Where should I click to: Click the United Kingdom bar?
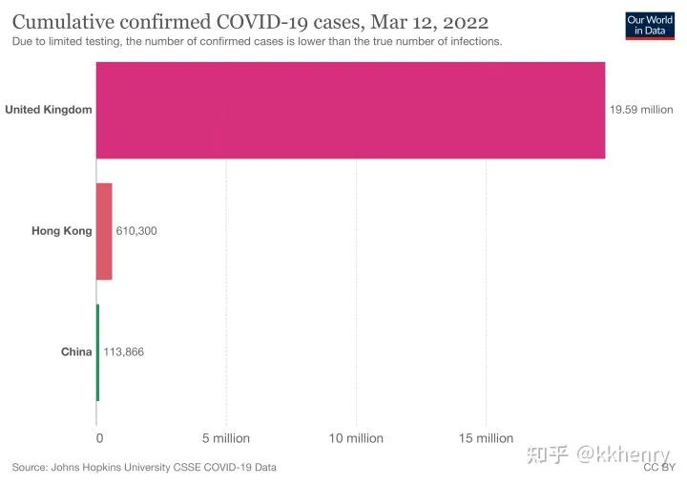point(350,110)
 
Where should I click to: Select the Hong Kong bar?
point(104,231)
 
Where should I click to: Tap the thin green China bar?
point(97,352)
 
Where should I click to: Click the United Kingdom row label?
point(49,110)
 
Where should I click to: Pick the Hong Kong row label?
point(62,231)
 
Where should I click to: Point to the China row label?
point(76,352)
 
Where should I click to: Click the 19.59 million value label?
point(641,110)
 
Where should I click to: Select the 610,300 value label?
point(136,231)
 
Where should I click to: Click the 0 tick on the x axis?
point(99,438)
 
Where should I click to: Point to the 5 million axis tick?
point(226,438)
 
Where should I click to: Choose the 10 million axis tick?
point(356,438)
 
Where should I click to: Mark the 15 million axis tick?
point(487,438)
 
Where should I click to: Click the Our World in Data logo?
point(649,25)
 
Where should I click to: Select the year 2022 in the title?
point(465,22)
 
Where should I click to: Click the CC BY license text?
point(659,468)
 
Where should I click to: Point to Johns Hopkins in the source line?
point(87,468)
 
